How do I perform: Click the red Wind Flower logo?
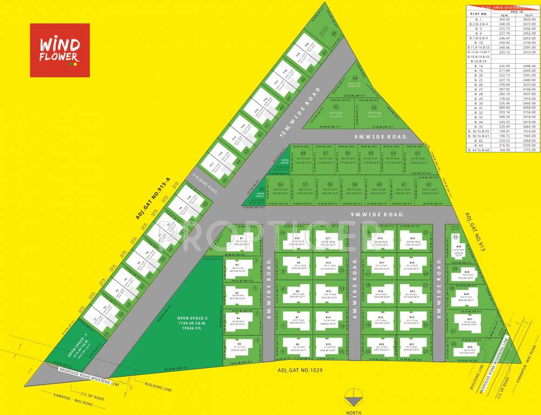(x=59, y=50)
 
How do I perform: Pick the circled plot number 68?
(x=303, y=153)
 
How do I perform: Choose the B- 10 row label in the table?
(x=478, y=43)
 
